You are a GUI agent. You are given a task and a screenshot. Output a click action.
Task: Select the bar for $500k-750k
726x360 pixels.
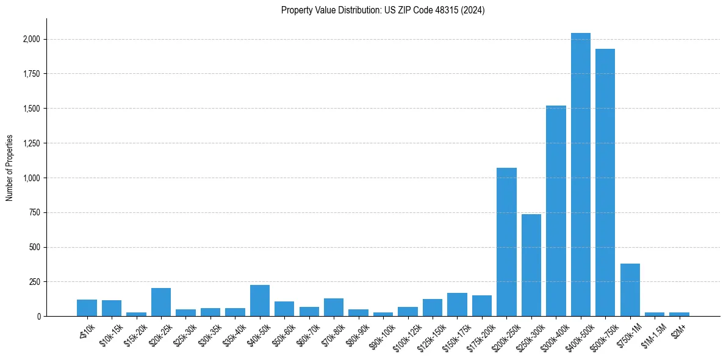pos(605,182)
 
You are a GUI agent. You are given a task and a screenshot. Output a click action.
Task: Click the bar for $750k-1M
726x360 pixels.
pos(630,290)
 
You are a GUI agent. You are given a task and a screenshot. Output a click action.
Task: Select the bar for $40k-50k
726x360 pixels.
pos(260,300)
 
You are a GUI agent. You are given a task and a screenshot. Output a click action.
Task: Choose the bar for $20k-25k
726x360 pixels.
pos(161,302)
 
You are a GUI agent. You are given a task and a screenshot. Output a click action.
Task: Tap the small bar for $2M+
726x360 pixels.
pos(679,314)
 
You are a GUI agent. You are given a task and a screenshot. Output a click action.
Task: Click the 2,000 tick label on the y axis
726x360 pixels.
pos(32,39)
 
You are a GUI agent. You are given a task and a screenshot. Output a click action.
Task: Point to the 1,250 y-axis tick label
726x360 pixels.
pos(32,143)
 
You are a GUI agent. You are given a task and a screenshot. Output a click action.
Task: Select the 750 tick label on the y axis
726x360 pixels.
pos(35,213)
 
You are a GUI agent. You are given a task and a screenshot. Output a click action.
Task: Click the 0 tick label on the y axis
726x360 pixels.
pos(39,317)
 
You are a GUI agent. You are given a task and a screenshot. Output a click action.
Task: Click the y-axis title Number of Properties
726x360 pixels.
pos(9,167)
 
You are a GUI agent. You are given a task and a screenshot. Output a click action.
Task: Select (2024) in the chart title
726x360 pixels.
pos(474,10)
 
